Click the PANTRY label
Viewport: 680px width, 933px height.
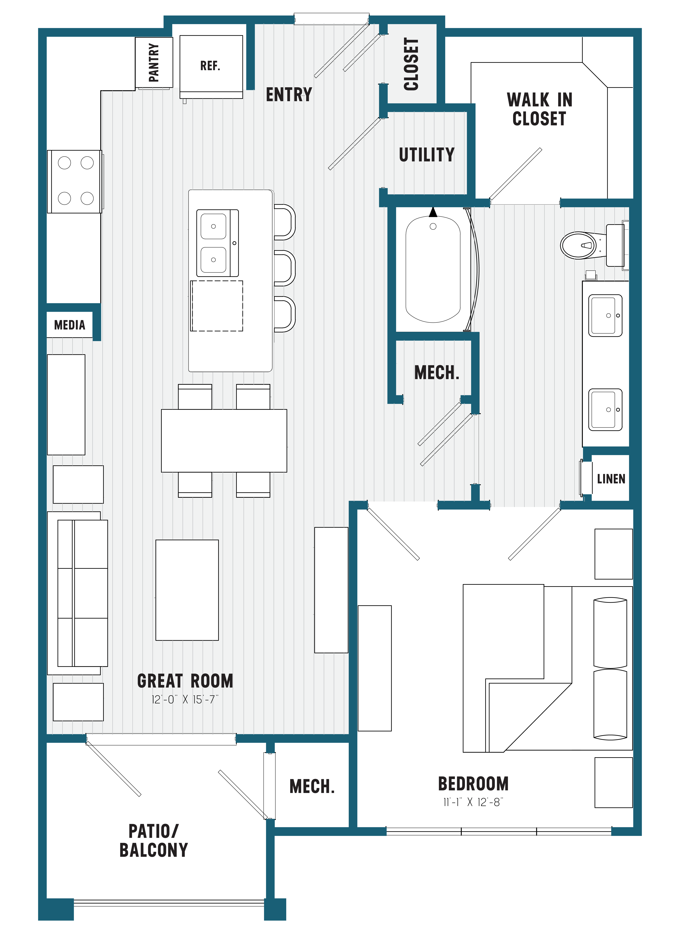pyautogui.click(x=154, y=63)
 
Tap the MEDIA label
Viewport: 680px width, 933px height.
pyautogui.click(x=70, y=325)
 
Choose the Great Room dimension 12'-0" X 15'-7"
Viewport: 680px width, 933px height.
pyautogui.click(x=185, y=700)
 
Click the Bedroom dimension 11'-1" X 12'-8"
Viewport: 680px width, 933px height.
pyautogui.click(x=473, y=802)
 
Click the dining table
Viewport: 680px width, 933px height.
pyautogui.click(x=224, y=440)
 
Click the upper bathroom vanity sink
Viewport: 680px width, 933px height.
pyautogui.click(x=605, y=315)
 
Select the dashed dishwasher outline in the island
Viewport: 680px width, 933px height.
pyautogui.click(x=217, y=306)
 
